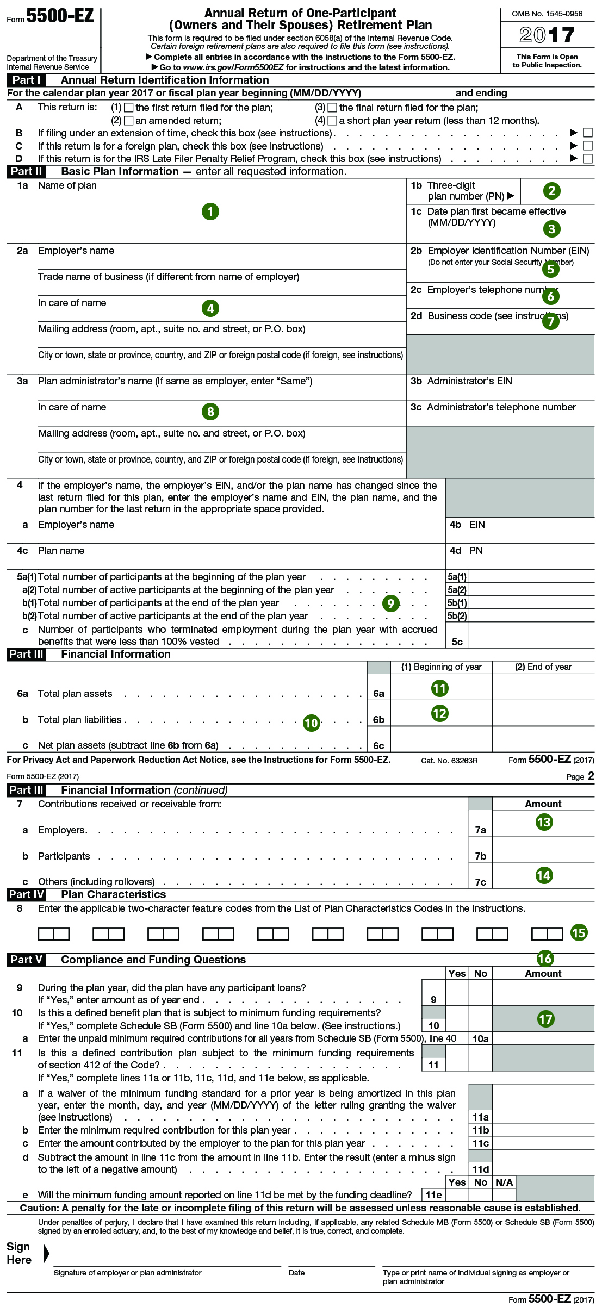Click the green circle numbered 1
pos(210,211)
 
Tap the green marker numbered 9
pos(391,603)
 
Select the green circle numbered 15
pos(579,933)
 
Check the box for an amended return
pos(129,121)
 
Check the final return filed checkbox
pos(333,108)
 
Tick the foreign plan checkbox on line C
pos(587,146)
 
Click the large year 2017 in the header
pos(547,35)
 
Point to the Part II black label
pos(26,171)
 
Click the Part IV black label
pos(26,894)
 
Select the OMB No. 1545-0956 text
pos(547,14)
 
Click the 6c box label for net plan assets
pos(378,745)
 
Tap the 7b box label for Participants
pos(480,856)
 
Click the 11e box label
pos(433,1194)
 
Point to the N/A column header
pos(504,1182)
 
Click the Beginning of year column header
pos(441,667)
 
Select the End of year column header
pos(543,667)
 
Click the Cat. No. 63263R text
pos(449,761)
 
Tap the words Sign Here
pos(19,1253)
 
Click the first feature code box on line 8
pos(54,933)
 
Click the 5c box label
pos(457,642)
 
